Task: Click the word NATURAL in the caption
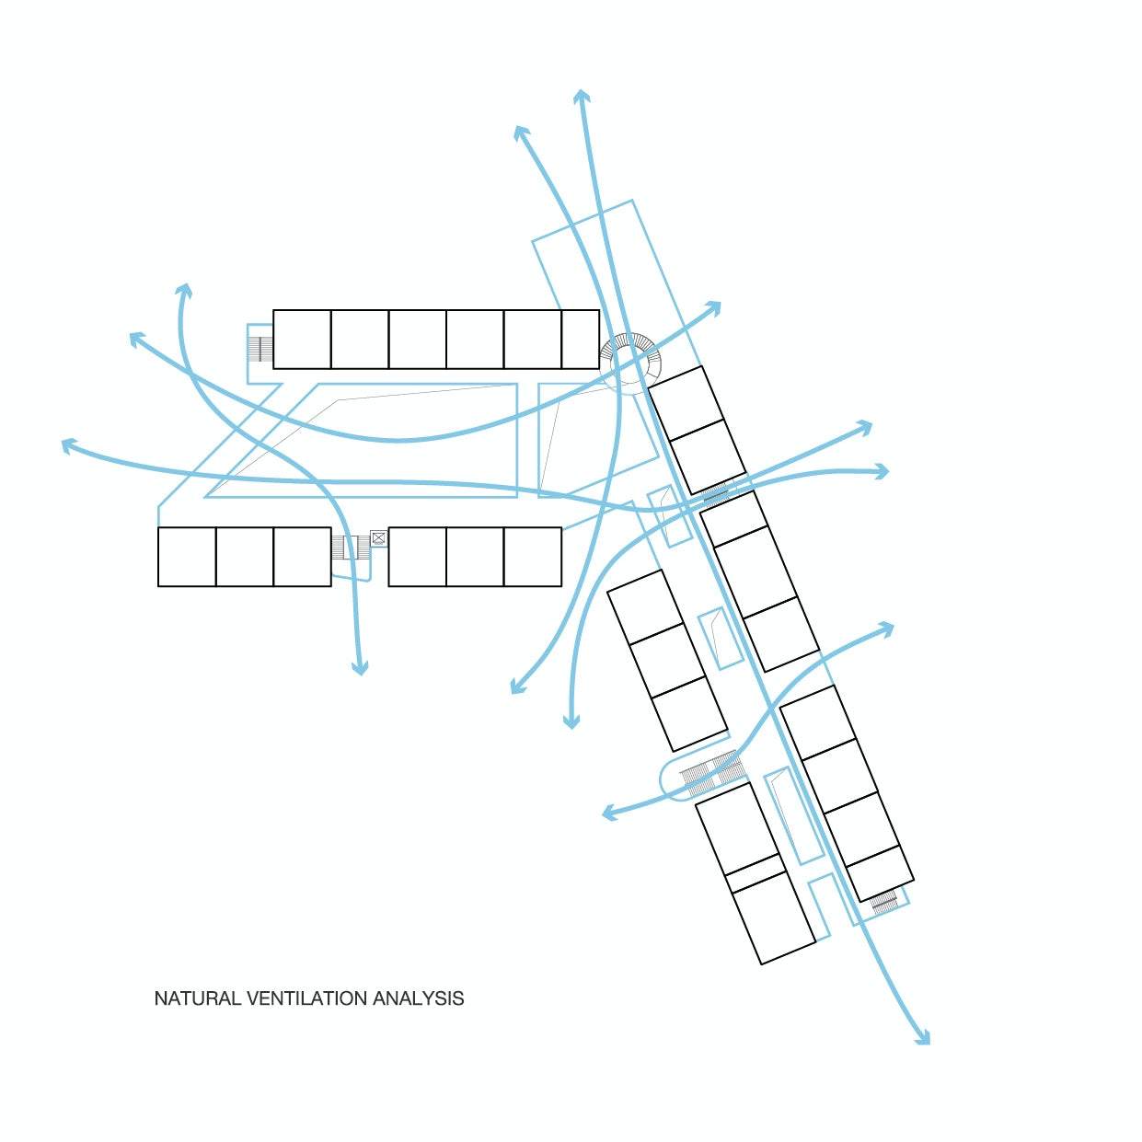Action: point(197,998)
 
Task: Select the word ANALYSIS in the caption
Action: point(419,998)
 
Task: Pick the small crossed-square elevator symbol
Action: point(378,538)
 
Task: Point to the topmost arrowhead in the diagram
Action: point(582,97)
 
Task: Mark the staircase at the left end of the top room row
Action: point(260,349)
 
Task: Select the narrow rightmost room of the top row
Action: point(580,339)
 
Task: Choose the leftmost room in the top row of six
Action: point(302,339)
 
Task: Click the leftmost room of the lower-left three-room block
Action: point(187,557)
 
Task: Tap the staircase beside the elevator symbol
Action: point(351,548)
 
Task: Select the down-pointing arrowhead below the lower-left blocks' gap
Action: point(360,668)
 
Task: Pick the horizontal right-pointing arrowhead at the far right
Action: point(882,472)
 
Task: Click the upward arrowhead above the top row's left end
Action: point(185,291)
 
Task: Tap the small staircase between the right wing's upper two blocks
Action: point(716,493)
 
